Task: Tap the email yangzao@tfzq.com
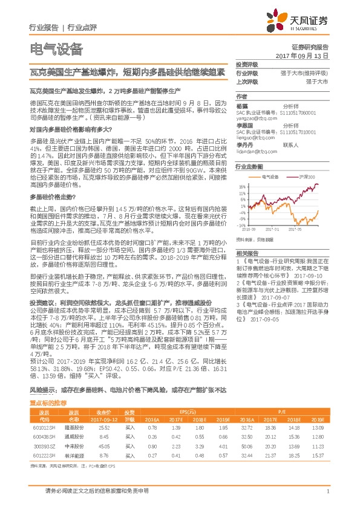coord(255,119)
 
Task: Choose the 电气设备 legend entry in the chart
coord(270,177)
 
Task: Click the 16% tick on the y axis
coord(242,186)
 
